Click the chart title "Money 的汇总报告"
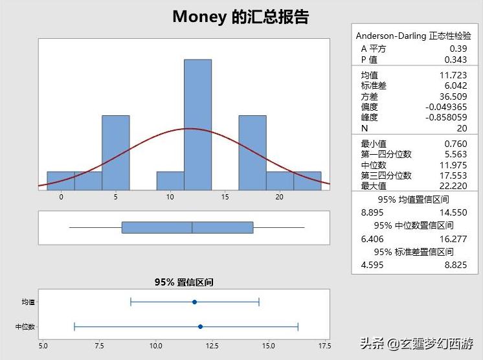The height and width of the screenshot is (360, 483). pos(241,17)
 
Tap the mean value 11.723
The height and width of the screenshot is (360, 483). pos(453,75)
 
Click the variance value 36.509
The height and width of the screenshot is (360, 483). pos(453,96)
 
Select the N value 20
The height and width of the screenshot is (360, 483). pos(461,128)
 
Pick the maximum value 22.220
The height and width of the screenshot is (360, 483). pos(453,186)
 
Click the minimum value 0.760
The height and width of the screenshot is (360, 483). pos(455,144)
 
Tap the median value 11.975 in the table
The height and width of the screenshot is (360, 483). pos(453,164)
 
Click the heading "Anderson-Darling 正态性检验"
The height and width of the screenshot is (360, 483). pos(414,36)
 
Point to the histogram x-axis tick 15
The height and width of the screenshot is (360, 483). pos(225,197)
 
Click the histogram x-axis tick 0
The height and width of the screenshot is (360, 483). pos(61,197)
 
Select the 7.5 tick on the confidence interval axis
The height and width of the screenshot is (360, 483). pos(99,346)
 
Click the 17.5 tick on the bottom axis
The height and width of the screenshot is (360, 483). pos(322,346)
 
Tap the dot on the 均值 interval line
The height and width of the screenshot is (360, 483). pos(194,302)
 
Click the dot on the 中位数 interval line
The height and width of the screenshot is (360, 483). pos(200,326)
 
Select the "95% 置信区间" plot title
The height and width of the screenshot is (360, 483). pos(184,282)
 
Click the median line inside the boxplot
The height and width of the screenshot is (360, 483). pos(192,227)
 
